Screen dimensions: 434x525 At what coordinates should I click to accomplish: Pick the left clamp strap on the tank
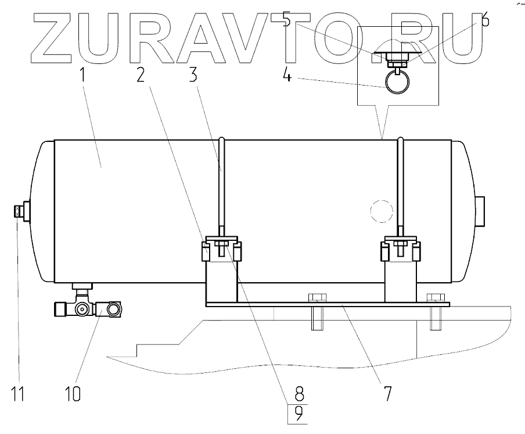coord(221,186)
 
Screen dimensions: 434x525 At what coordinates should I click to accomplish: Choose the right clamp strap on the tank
coord(400,186)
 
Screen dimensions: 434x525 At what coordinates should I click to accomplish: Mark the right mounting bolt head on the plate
coord(434,298)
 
